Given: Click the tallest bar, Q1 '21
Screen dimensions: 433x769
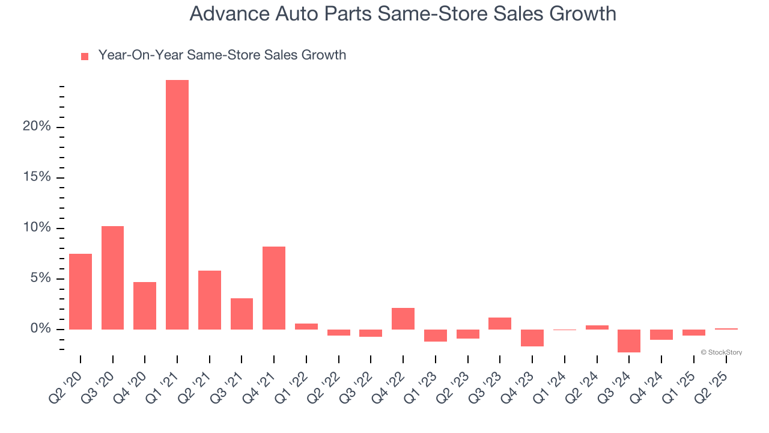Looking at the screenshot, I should [177, 204].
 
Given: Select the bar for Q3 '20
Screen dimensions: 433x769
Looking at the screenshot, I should [112, 278].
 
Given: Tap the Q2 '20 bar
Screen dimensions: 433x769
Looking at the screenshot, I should [81, 292].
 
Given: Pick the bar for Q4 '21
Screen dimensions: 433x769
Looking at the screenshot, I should [274, 288].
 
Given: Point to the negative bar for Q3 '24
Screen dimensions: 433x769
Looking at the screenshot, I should [629, 340].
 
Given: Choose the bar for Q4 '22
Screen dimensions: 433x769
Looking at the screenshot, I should [403, 319].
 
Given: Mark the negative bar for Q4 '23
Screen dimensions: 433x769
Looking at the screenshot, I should [532, 337].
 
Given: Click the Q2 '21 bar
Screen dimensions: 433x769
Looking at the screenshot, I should [210, 300].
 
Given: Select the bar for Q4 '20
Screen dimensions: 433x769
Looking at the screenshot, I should [145, 306].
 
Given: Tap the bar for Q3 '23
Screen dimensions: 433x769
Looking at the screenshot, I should [500, 324].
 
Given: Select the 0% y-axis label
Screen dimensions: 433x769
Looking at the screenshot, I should [40, 329].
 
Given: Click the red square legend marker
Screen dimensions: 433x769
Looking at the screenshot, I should [85, 56].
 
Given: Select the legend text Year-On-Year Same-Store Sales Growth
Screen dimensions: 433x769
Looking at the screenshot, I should [222, 55].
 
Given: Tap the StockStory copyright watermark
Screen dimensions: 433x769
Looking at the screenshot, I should [721, 352].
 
